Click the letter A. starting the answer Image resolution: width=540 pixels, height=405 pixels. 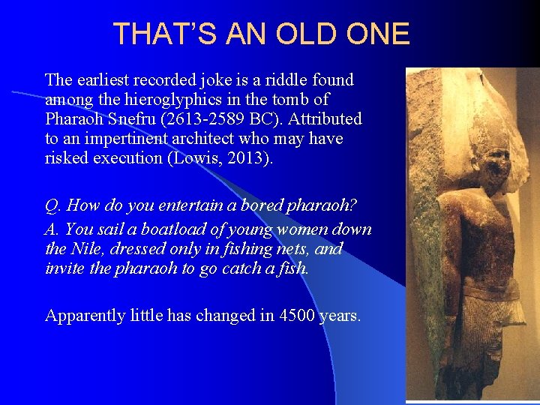pos(52,229)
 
